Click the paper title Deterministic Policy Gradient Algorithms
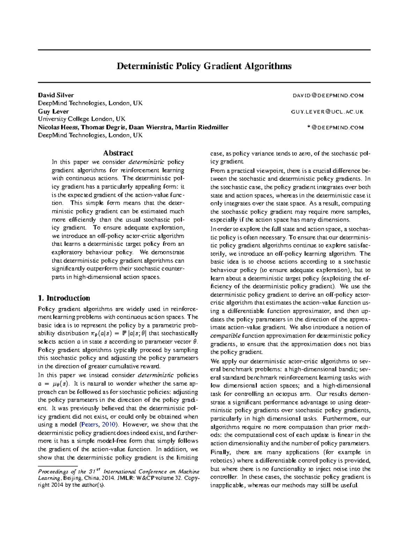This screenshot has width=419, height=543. pyautogui.click(x=204, y=66)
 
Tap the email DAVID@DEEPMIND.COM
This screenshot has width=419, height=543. pyautogui.click(x=328, y=95)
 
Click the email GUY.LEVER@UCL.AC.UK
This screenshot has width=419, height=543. pyautogui.click(x=327, y=112)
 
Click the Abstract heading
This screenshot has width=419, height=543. pyautogui.click(x=118, y=153)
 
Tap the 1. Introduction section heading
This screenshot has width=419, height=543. pyautogui.click(x=64, y=298)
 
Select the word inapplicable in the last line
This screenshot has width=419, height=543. pyautogui.click(x=228, y=485)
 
